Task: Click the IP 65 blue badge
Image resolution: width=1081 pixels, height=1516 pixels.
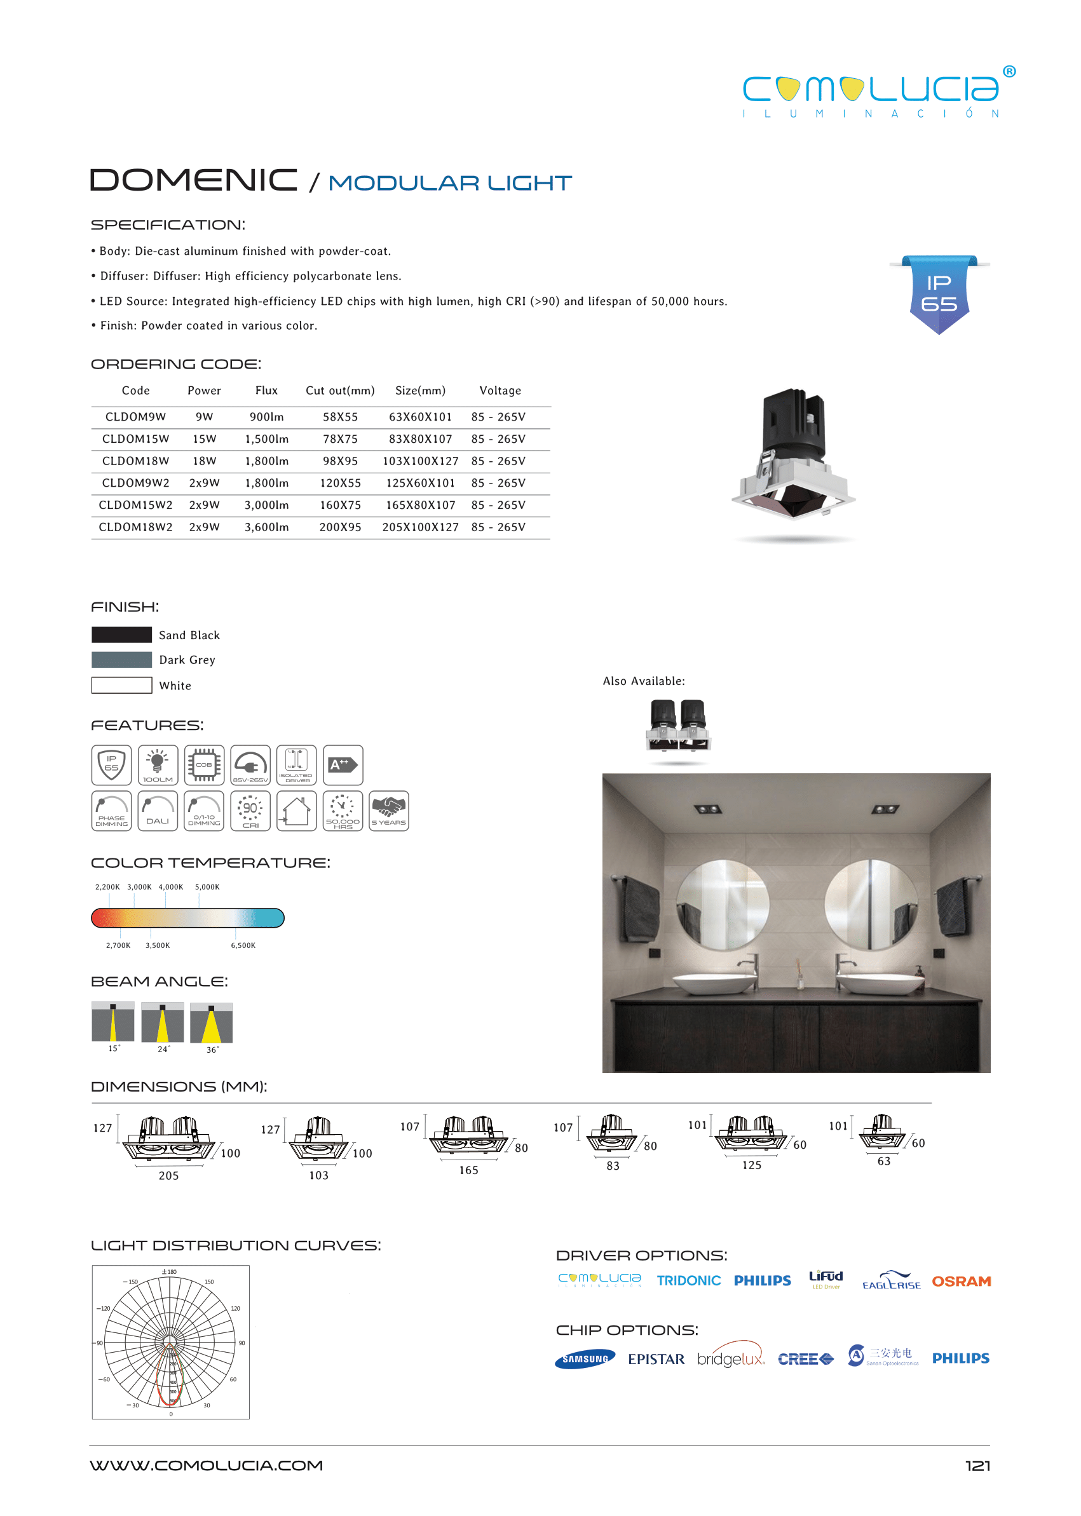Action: coord(939,294)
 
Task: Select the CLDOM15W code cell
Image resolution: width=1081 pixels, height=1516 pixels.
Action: coord(135,439)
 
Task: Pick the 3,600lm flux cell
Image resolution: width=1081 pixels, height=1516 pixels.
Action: coord(266,527)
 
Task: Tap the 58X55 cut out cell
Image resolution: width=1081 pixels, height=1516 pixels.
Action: coord(340,417)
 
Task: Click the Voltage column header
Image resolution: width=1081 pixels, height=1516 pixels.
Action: coord(500,391)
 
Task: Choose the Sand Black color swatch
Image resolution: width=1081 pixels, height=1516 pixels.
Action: coord(121,635)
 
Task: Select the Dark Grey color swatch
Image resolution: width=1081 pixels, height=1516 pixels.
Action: coord(121,660)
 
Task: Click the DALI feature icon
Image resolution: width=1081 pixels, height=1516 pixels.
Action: coord(158,811)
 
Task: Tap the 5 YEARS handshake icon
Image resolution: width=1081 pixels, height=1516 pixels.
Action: coord(389,811)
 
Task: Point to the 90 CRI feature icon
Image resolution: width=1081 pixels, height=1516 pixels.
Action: coord(250,811)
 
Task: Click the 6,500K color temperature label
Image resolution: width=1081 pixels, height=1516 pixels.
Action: coord(243,945)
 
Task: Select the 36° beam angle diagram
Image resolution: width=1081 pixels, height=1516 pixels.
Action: coord(211,1023)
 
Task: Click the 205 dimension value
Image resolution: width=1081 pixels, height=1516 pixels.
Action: coord(168,1176)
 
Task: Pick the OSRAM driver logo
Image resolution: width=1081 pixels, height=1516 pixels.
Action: coord(961,1281)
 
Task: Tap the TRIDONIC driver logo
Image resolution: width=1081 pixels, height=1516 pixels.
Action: coord(688,1280)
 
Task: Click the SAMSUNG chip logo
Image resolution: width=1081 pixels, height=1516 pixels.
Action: coord(585,1359)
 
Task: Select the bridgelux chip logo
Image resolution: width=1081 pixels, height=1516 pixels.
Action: coord(731,1358)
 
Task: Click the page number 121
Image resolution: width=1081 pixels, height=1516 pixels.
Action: coord(977,1465)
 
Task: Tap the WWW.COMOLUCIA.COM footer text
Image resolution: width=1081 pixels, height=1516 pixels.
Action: coord(207,1465)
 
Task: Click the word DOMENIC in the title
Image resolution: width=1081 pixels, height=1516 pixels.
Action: coord(194,180)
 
